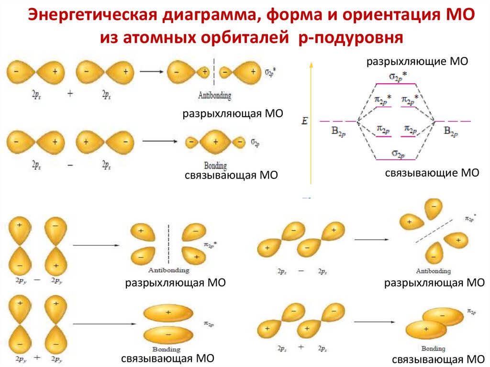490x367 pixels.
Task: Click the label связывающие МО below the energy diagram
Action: point(432,173)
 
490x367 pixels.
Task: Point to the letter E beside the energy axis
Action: point(304,122)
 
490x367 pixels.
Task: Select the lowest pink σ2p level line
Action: point(396,159)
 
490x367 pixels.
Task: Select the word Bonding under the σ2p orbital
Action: point(215,166)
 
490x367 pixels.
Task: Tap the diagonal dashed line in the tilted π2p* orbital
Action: point(434,230)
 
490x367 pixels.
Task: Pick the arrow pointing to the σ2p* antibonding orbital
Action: point(151,72)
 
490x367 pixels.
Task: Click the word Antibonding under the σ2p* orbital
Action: point(214,95)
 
